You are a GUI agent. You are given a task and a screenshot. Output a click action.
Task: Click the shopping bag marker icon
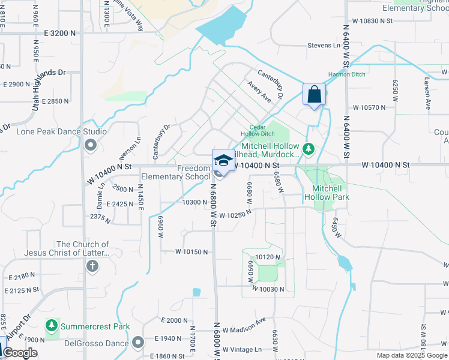314,94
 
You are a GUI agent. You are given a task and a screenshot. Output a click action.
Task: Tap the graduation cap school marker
223,161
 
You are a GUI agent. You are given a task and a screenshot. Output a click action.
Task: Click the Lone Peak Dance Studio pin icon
91,145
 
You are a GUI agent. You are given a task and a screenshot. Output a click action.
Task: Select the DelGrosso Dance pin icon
138,343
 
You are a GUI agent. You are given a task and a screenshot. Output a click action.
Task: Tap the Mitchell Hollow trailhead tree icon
309,148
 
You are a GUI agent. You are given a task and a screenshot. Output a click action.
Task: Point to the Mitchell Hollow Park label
327,192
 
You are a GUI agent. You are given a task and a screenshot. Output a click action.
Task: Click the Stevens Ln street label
324,45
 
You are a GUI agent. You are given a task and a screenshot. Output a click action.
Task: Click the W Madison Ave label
244,329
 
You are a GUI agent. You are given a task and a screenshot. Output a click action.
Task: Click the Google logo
20,353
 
